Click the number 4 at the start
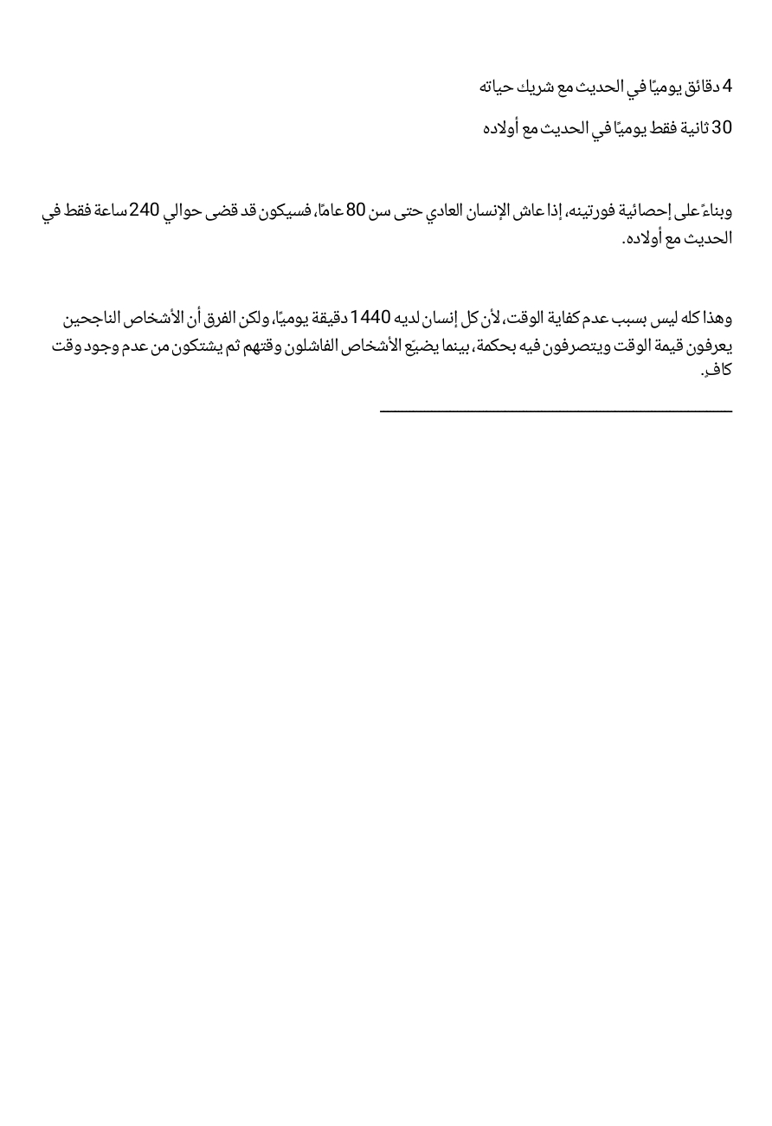point(727,87)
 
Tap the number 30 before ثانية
point(722,128)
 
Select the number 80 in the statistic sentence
point(357,210)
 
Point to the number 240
point(145,210)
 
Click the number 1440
point(371,318)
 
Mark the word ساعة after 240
point(106,210)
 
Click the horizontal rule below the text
point(556,411)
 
